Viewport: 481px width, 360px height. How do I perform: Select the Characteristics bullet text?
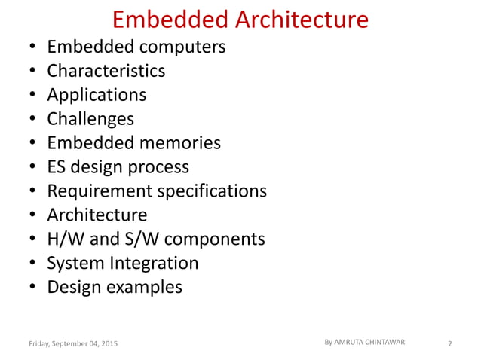[x=106, y=71]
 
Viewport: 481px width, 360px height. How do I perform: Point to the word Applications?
[x=97, y=95]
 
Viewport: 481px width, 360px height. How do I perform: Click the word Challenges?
[x=90, y=119]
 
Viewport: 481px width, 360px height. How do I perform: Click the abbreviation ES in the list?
[x=57, y=166]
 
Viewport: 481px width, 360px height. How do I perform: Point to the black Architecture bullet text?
[x=97, y=215]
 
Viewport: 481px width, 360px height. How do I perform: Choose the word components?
[x=214, y=239]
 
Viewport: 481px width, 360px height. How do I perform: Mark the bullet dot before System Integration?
[x=32, y=264]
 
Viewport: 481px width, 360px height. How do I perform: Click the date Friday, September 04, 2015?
[x=72, y=344]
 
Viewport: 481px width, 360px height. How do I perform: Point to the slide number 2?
[x=449, y=344]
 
